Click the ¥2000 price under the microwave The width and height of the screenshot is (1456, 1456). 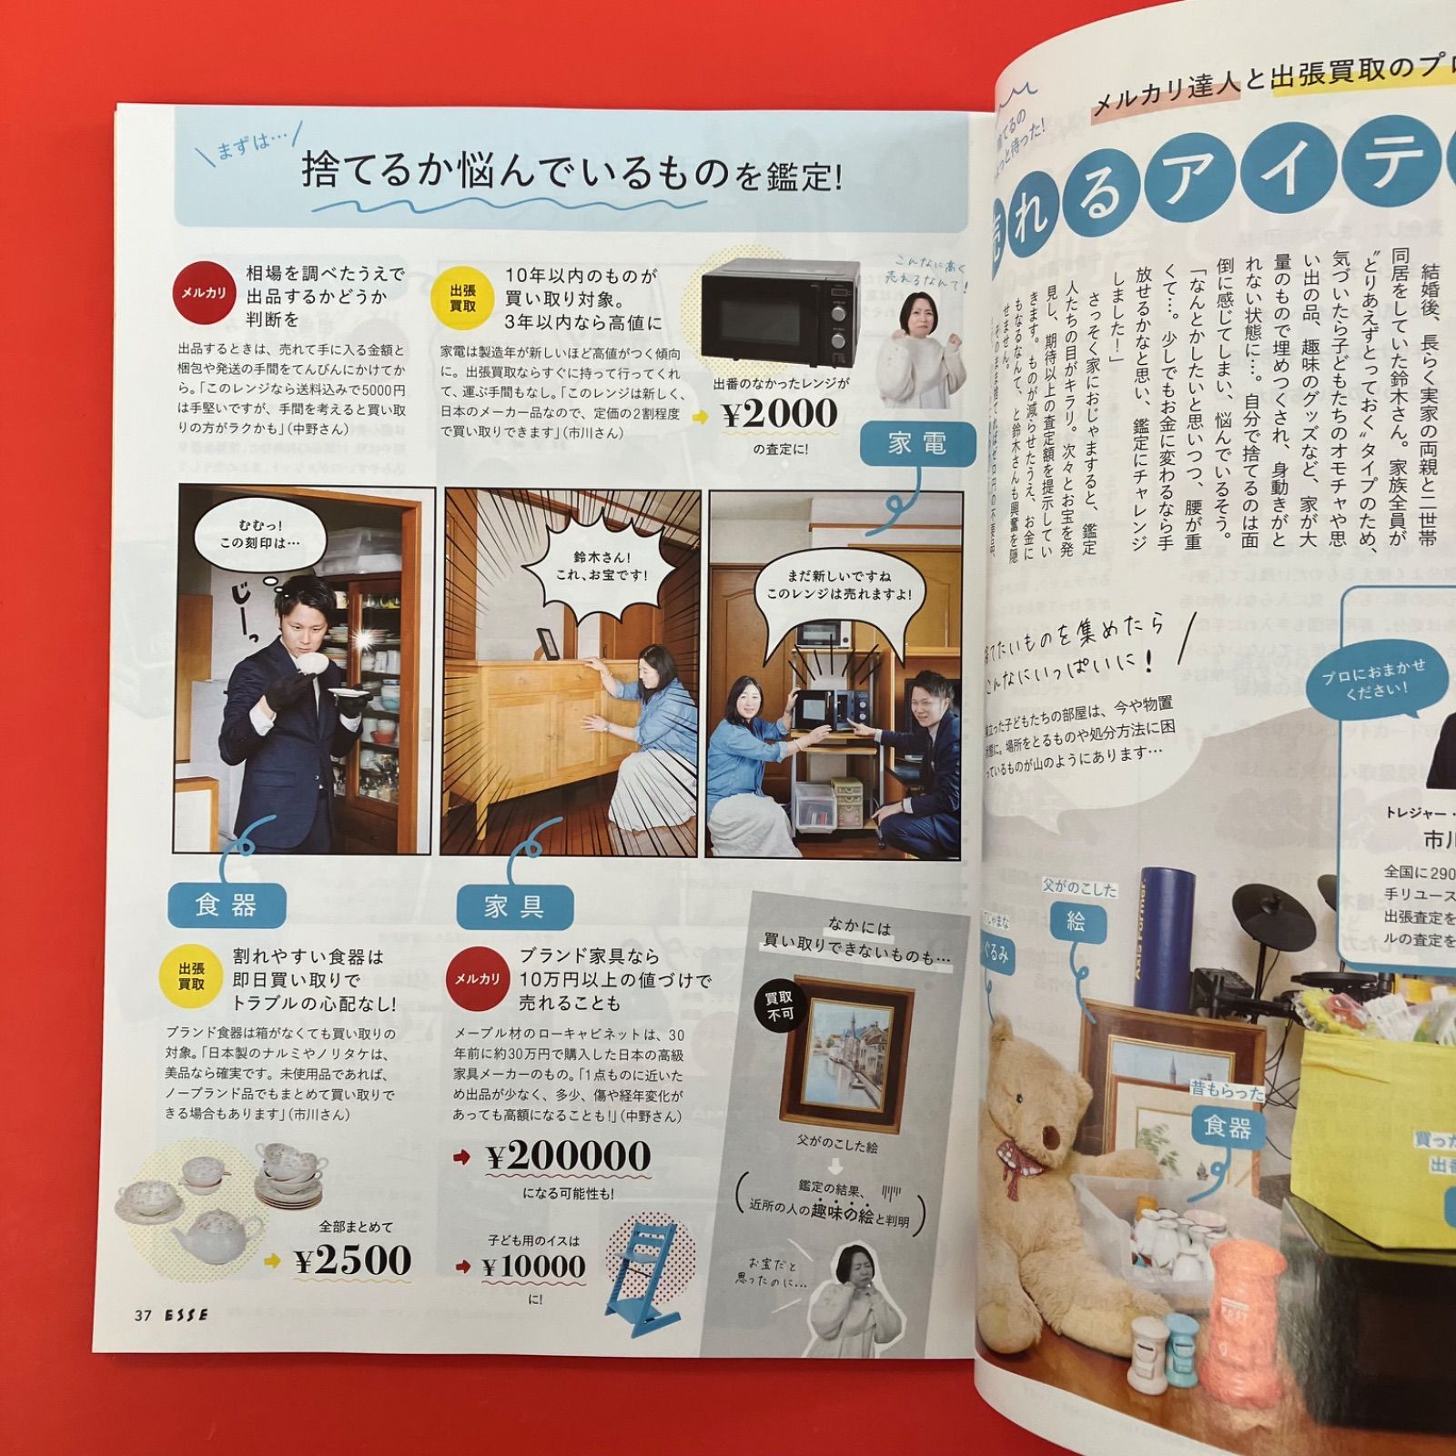click(x=779, y=415)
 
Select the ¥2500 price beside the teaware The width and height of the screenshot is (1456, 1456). click(x=352, y=1261)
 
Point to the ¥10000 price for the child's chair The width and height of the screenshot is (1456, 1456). click(x=533, y=1266)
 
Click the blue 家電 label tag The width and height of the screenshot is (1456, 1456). click(x=917, y=444)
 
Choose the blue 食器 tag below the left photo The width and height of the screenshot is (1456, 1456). click(x=227, y=905)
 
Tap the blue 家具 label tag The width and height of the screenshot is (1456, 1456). click(x=514, y=906)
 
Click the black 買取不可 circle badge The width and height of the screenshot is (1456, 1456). click(x=780, y=1006)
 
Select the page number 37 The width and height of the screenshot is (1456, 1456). click(x=143, y=1315)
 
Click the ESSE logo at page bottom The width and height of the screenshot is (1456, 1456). click(x=187, y=1315)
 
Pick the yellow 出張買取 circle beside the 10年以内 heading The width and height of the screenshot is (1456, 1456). click(x=462, y=298)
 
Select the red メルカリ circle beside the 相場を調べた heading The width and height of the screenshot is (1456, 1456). click(x=203, y=293)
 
